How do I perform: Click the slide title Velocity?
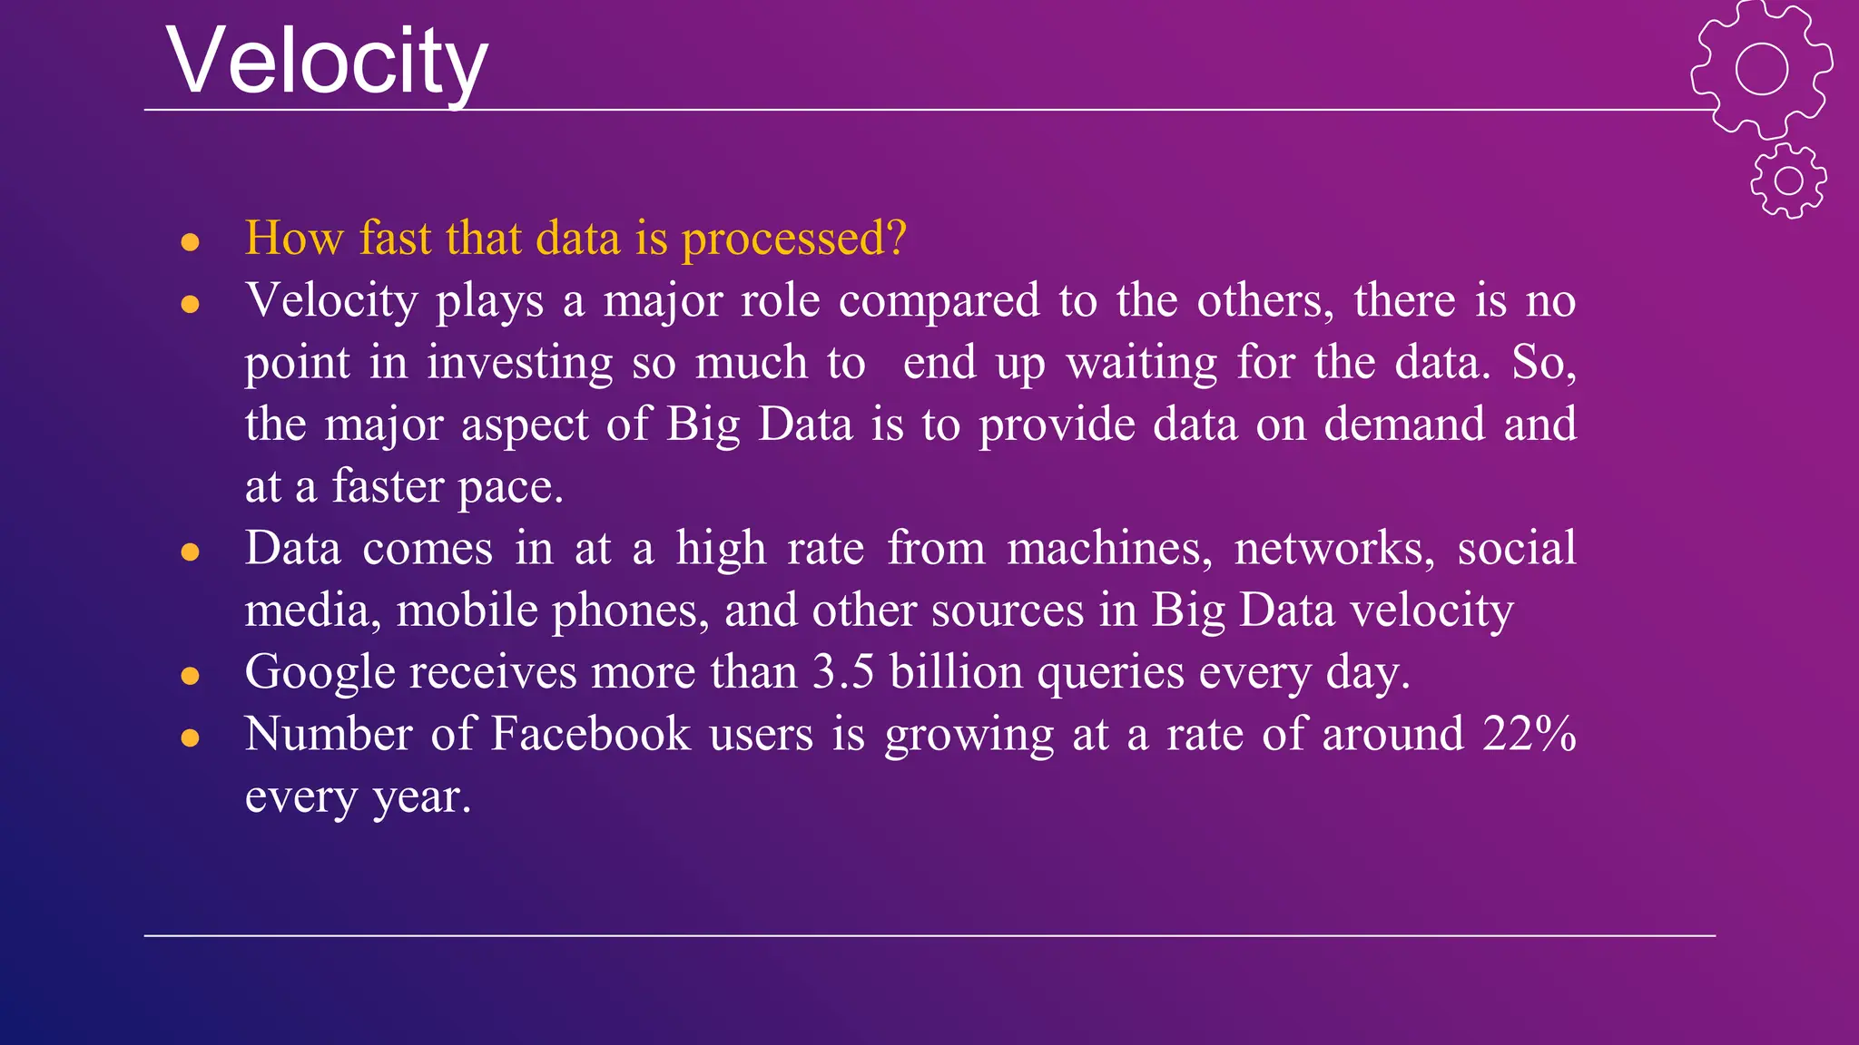point(327,62)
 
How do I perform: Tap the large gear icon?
point(1761,69)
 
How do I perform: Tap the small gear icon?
point(1788,181)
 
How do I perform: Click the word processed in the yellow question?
point(793,239)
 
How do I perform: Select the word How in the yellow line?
point(294,238)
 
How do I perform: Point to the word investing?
point(520,363)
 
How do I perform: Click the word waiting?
point(1141,363)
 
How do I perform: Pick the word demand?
point(1403,425)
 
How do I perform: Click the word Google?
point(320,673)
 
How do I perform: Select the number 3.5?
point(843,672)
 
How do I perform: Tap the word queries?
point(1110,673)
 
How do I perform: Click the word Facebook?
point(590,734)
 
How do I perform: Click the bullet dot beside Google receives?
point(190,676)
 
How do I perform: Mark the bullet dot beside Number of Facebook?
point(190,737)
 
